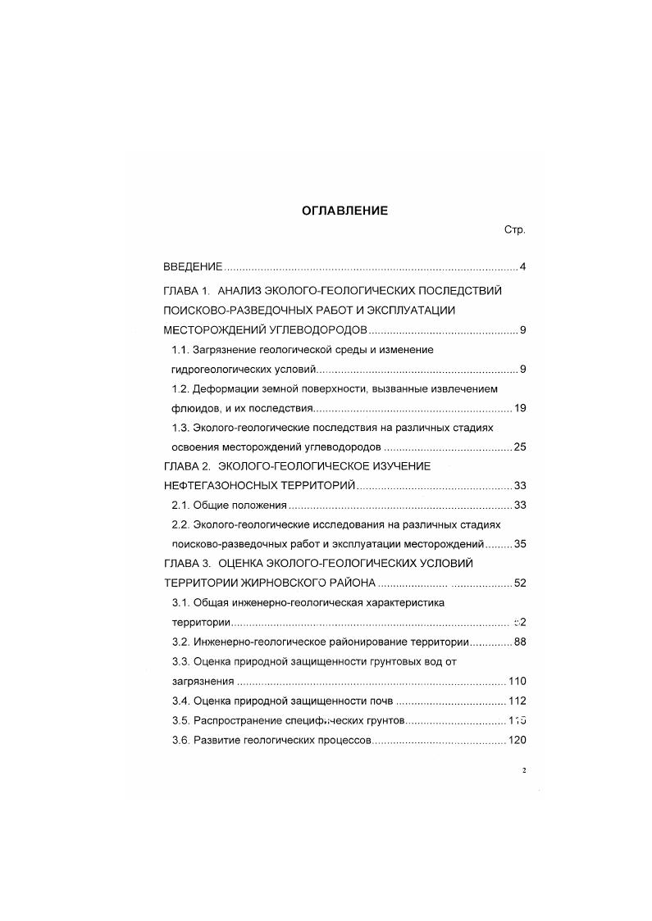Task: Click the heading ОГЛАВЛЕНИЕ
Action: [x=344, y=211]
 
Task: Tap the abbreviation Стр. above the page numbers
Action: [x=514, y=230]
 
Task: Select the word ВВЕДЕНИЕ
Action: [x=193, y=267]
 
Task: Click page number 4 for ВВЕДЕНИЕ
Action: [x=522, y=267]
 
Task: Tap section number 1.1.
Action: [x=180, y=349]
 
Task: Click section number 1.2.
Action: [x=180, y=388]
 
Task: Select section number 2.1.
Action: [x=180, y=505]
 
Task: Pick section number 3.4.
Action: [x=180, y=701]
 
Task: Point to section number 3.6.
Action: [x=180, y=740]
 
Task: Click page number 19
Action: [x=519, y=408]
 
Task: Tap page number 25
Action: [x=519, y=447]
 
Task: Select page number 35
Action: [x=519, y=544]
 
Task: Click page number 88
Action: [x=519, y=642]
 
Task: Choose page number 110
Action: [x=517, y=681]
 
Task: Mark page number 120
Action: [x=517, y=740]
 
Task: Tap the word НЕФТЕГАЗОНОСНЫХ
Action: [x=219, y=486]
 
